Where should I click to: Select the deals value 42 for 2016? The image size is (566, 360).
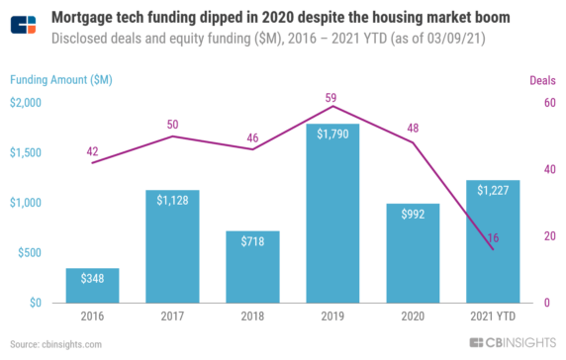(x=92, y=151)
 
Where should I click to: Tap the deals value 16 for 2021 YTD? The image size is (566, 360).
(x=494, y=238)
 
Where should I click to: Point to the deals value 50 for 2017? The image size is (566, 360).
(x=172, y=124)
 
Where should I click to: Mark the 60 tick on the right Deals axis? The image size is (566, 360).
(x=549, y=102)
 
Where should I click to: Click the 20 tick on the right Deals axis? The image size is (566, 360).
(x=549, y=236)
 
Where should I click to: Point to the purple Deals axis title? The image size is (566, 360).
(x=543, y=80)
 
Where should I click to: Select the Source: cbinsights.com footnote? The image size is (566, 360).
(x=56, y=345)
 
